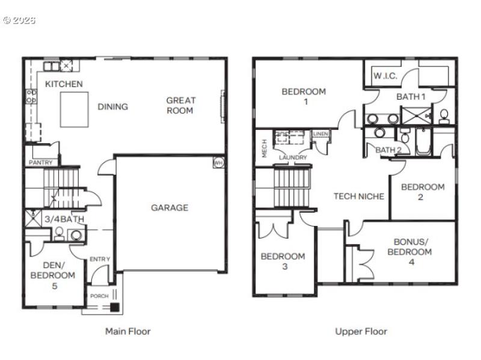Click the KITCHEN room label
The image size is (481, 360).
coord(64,84)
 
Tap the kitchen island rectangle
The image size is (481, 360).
coord(75,109)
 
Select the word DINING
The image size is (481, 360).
coord(113,107)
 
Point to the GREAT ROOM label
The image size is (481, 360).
coord(181,105)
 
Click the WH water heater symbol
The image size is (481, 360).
coord(218,162)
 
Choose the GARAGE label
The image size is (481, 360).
coord(169,208)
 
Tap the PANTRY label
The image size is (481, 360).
coord(41,162)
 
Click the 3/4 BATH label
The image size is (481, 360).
coord(64,219)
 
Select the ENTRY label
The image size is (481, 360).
coord(100,259)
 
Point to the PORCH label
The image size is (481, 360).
coord(99,296)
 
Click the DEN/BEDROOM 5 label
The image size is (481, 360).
coord(53,275)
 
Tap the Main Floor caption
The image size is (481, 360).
coord(127,331)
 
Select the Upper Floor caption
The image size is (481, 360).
coord(361,331)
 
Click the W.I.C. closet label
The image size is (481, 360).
coord(384,76)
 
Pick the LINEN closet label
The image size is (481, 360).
coord(320,134)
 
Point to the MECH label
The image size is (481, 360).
coord(265,149)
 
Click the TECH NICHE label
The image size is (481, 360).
coord(358,197)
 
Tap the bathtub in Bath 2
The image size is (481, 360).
coord(423,143)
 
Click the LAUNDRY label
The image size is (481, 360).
coord(293,157)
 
